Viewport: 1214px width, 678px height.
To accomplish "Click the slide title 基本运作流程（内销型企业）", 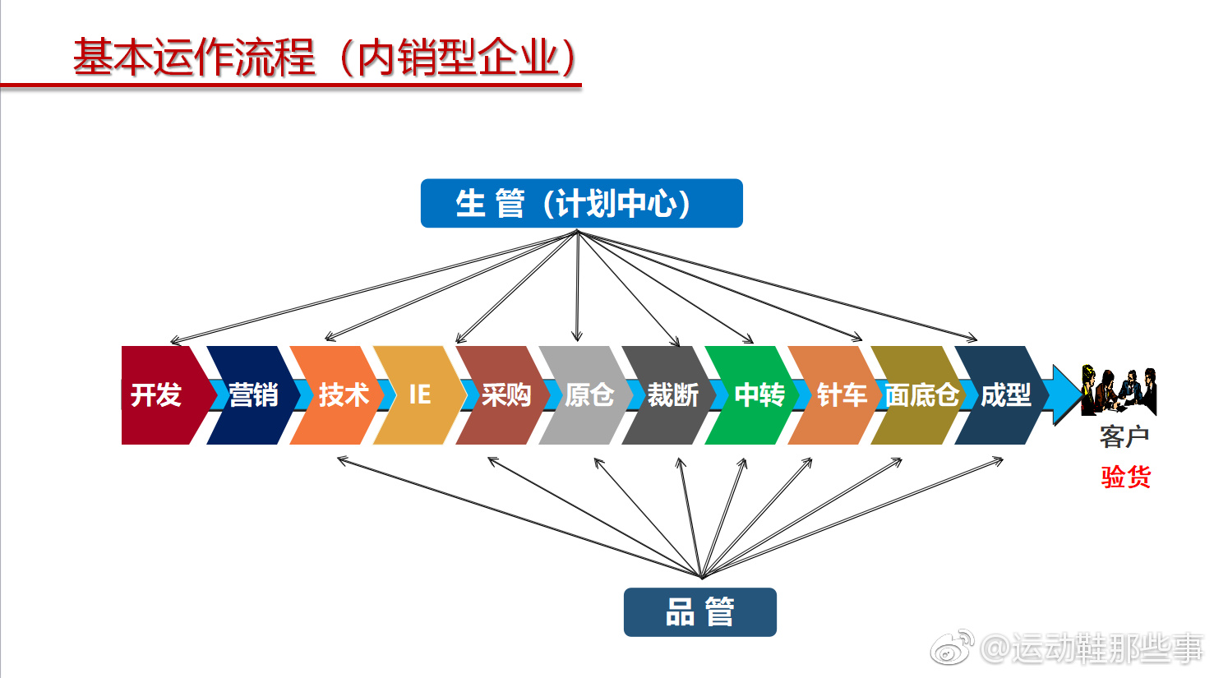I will click(x=325, y=58).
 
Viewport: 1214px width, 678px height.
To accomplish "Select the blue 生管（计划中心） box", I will click(x=581, y=203).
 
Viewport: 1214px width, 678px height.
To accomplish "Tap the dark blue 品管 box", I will click(x=699, y=612).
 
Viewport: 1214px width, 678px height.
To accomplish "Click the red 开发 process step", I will click(x=156, y=395).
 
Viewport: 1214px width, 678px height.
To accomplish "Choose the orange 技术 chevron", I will click(x=341, y=395).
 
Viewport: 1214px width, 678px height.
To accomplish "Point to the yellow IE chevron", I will click(x=419, y=395).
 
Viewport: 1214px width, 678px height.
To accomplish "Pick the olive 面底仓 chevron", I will click(x=921, y=395).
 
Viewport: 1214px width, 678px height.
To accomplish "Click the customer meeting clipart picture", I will click(x=1119, y=391).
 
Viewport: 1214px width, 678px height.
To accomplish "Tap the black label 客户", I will click(x=1124, y=436).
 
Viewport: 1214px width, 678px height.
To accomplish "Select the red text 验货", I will click(x=1125, y=477).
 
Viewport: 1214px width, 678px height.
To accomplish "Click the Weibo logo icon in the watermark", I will click(x=952, y=648).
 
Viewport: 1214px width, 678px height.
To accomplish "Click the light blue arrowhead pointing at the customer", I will click(x=1067, y=394).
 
